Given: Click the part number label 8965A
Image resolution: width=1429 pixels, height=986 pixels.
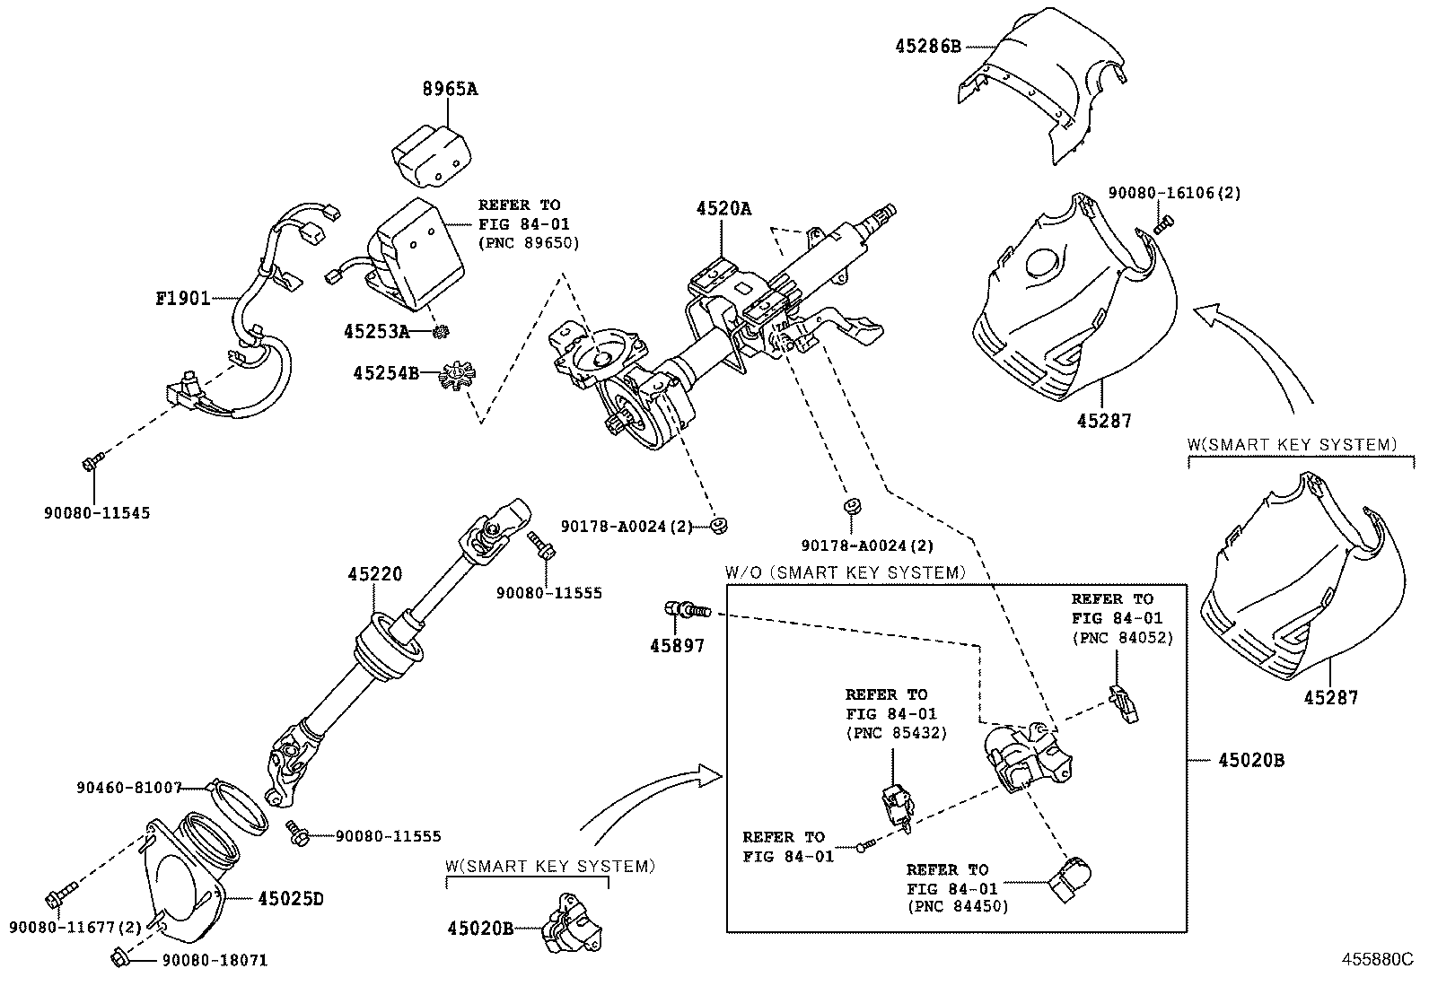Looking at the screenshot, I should pyautogui.click(x=450, y=89).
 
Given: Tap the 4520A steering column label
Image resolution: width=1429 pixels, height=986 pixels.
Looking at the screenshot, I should pyautogui.click(x=723, y=209).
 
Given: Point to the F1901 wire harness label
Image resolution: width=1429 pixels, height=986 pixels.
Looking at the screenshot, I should pyautogui.click(x=182, y=298).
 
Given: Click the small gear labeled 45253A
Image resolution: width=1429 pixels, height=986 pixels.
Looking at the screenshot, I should pyautogui.click(x=440, y=333).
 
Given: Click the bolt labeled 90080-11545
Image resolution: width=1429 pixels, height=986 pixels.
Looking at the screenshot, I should pyautogui.click(x=92, y=463).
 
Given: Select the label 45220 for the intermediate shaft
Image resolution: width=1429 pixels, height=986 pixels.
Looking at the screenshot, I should pyautogui.click(x=375, y=574).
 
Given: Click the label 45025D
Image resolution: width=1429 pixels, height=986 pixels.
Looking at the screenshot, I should pyautogui.click(x=290, y=897).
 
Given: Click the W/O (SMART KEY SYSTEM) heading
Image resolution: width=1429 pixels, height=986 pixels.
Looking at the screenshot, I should pyautogui.click(x=845, y=572).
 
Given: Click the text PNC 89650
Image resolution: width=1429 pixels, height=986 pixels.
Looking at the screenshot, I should pyautogui.click(x=529, y=242).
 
